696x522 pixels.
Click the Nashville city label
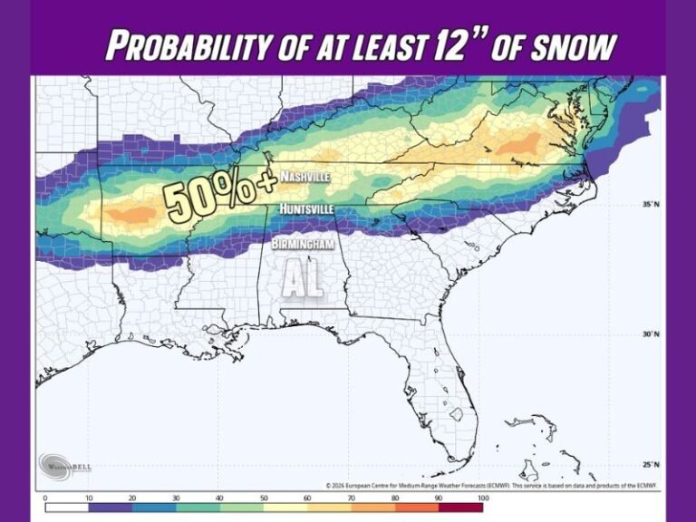point(304,176)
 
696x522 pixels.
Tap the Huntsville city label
point(305,209)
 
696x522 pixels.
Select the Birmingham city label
point(304,244)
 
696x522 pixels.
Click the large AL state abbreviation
point(302,280)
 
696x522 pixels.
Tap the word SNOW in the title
point(575,45)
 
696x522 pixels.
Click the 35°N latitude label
point(650,204)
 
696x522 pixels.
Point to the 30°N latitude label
point(650,333)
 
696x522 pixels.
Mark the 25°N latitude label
point(650,464)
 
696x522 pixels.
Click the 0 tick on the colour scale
point(44,498)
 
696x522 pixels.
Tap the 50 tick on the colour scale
point(264,498)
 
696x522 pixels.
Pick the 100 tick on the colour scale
point(482,498)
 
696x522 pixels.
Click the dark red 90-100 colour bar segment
point(461,507)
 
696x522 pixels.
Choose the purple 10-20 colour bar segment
point(110,507)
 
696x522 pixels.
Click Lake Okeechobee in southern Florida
point(457,414)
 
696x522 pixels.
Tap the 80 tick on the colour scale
point(395,498)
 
